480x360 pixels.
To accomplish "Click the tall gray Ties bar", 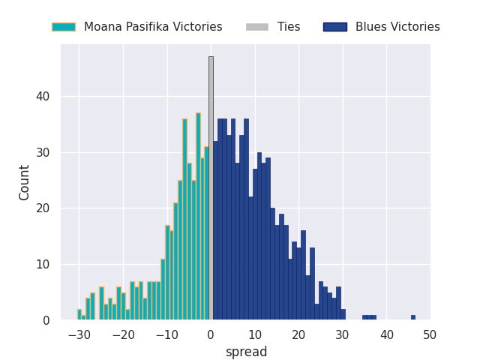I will pos(211,187).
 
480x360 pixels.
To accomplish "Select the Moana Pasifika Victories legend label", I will pos(153,27).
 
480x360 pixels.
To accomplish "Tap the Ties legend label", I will pos(289,27).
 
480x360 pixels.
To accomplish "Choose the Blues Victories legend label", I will pos(397,27).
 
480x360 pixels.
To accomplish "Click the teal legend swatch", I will pos(63,27).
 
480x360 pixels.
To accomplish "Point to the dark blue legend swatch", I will pos(334,27).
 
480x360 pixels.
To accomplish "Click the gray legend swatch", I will pos(256,27).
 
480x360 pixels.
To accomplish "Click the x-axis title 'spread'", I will pos(246,352).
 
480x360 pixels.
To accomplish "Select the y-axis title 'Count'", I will pos(25,182).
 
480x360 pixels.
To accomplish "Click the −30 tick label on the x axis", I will pos(79,335).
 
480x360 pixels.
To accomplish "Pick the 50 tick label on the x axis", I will pos(430,335).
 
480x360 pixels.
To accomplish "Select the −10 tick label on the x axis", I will pos(166,335).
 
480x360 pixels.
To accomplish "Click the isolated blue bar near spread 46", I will pos(412,317).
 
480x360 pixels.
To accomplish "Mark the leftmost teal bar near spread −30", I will pos(79,315).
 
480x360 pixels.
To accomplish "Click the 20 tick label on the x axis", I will pos(298,335).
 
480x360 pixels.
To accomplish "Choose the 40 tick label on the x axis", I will pos(386,335).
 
